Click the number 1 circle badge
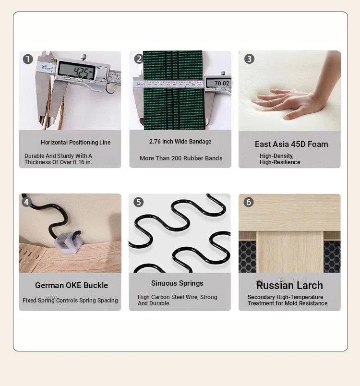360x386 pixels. coord(28,59)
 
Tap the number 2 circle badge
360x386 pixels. coord(139,59)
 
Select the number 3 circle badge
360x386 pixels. coord(249,59)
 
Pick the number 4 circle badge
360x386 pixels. coord(26,202)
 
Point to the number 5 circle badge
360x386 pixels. coord(139,202)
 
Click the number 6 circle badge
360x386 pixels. coord(249,202)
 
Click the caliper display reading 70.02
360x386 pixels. coord(218,83)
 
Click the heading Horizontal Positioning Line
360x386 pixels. coord(75,142)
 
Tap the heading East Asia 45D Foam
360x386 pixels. coord(291,144)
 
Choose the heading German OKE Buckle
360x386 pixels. coord(72,285)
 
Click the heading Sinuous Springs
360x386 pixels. coord(177,283)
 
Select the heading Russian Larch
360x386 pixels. coord(289,286)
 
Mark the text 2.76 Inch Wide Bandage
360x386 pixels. coord(180,142)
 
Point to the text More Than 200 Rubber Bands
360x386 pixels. coord(181,158)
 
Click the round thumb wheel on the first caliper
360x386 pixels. coord(111,88)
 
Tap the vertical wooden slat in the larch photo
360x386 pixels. coord(290,252)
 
